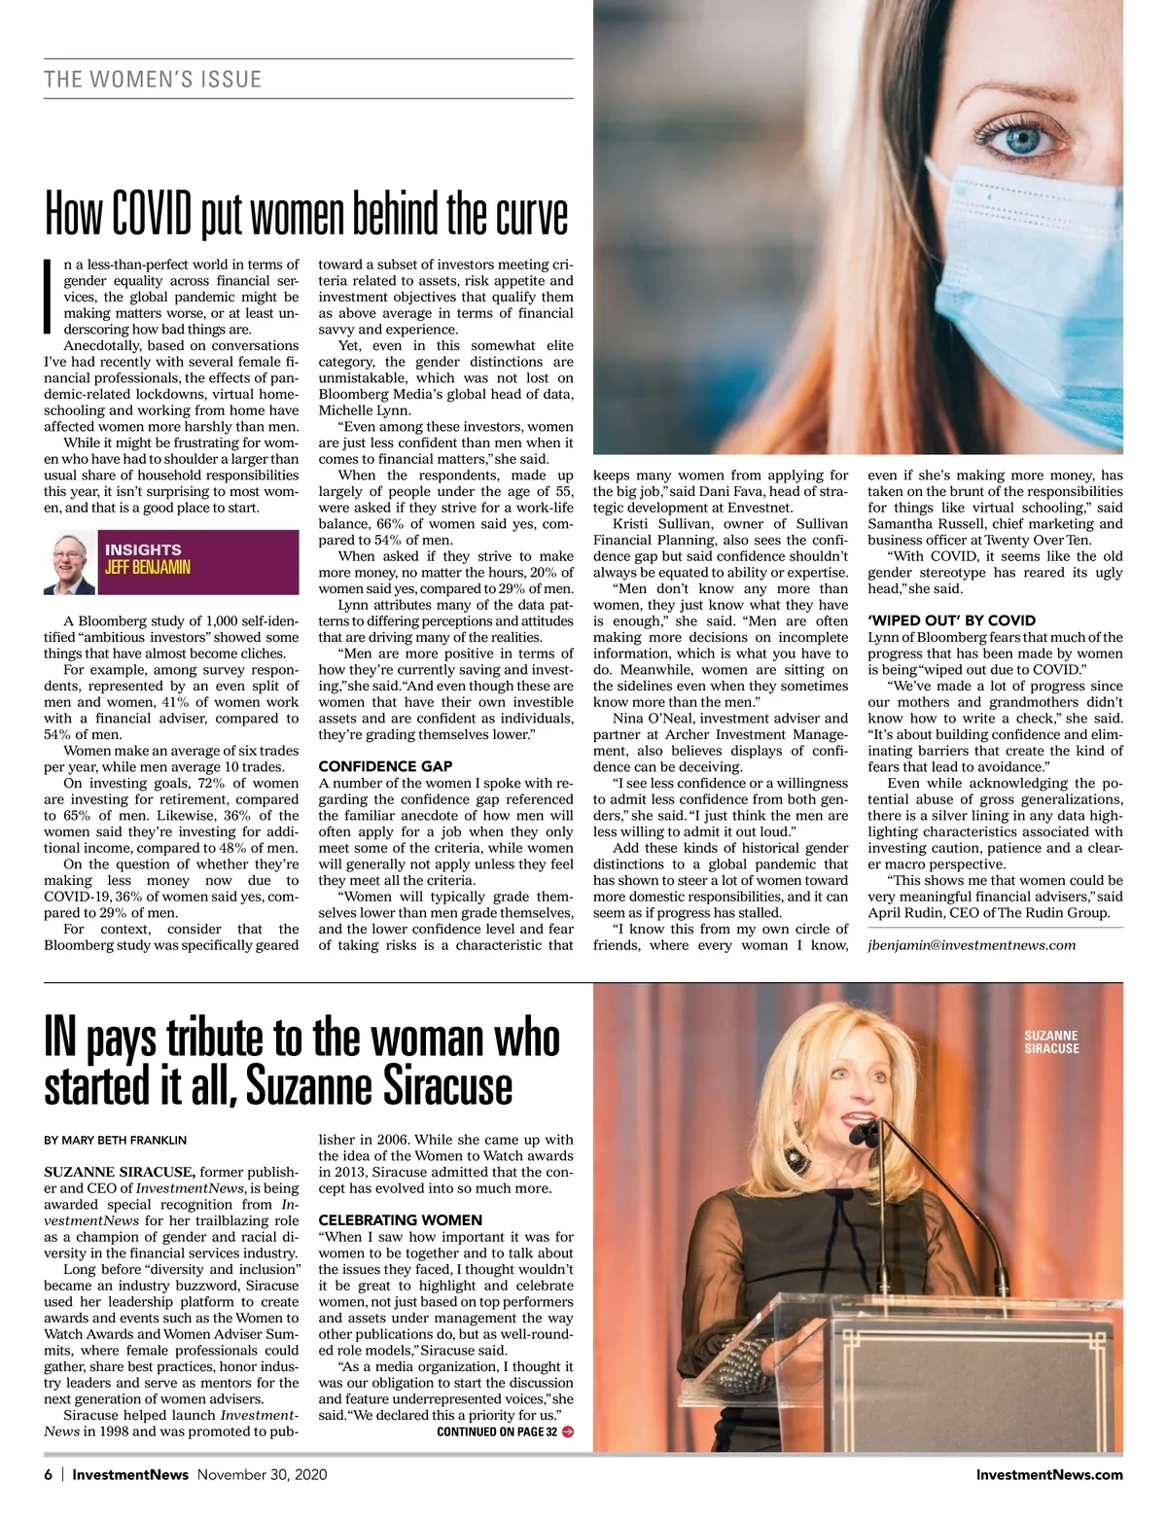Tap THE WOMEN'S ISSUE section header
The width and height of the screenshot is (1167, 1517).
tap(153, 79)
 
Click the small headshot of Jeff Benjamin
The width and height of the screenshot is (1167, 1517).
tap(69, 563)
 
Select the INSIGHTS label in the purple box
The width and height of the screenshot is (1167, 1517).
tap(143, 549)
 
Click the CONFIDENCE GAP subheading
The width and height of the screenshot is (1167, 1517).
tap(385, 766)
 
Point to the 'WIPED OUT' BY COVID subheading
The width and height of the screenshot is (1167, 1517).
tap(951, 620)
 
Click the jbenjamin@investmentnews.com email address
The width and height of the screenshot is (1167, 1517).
tap(972, 944)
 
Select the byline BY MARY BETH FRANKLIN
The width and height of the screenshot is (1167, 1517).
tap(115, 1140)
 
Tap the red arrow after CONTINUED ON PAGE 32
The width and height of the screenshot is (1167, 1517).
tap(568, 1431)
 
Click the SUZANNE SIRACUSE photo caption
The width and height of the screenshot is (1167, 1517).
tap(1052, 1042)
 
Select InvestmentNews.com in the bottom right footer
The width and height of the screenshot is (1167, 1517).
tap(1049, 1474)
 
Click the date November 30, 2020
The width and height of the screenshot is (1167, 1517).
tap(262, 1474)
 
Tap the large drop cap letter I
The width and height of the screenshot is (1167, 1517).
tap(50, 296)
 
